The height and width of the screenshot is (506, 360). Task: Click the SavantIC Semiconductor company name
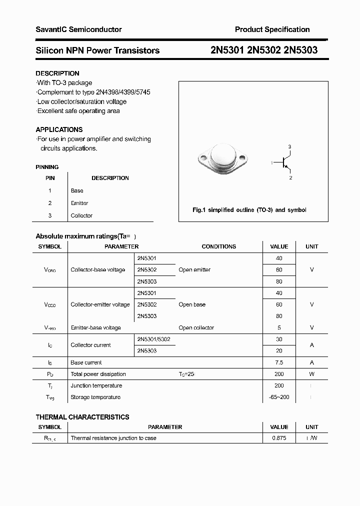[x=78, y=29]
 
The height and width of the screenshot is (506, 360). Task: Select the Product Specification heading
[x=272, y=29]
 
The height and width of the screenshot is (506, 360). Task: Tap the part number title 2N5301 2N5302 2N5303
[x=263, y=50]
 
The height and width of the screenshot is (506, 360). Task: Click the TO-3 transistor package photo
[x=220, y=159]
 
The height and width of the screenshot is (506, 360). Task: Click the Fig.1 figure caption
[x=249, y=210]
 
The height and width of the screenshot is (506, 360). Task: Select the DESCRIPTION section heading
[x=57, y=73]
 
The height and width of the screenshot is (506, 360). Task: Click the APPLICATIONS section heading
[x=59, y=129]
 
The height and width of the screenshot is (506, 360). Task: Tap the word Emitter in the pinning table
[x=79, y=203]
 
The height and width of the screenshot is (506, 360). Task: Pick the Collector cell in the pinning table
[x=81, y=215]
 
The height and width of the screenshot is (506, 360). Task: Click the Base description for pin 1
[x=77, y=190]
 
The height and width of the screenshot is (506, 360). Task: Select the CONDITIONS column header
[x=218, y=246]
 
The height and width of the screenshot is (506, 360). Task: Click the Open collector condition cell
[x=196, y=328]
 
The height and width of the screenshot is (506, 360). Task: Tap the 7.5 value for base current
[x=279, y=362]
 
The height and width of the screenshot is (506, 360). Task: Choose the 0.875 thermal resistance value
[x=279, y=438]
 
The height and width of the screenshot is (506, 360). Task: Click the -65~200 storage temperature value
[x=279, y=397]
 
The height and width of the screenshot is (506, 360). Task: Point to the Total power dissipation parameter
[x=98, y=374]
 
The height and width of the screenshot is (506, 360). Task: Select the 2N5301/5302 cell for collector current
[x=153, y=339]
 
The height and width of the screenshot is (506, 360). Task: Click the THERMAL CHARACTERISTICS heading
[x=82, y=417]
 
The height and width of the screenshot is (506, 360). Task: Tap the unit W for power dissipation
[x=311, y=374]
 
